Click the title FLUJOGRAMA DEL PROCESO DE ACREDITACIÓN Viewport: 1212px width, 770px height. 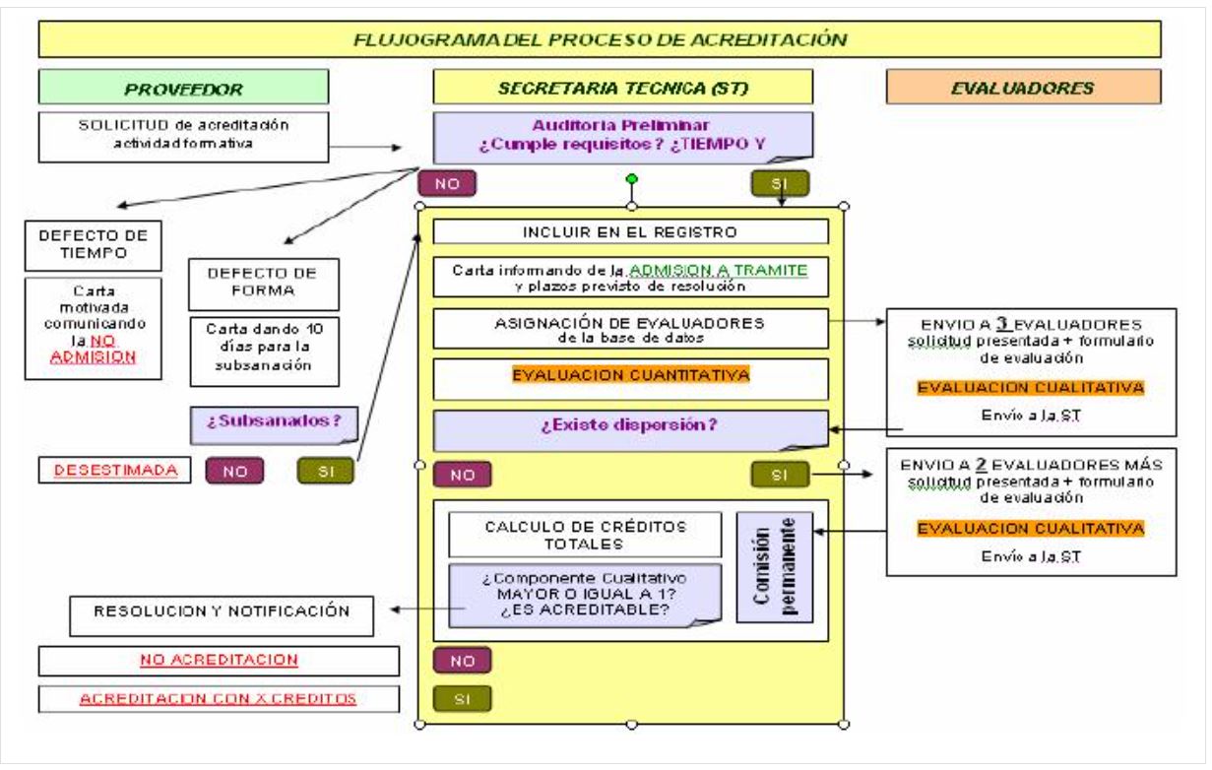point(600,40)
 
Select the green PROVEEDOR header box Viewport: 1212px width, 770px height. point(184,88)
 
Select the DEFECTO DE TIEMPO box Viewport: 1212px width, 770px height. point(93,244)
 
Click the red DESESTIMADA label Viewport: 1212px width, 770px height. point(109,471)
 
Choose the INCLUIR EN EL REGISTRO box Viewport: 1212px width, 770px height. point(630,232)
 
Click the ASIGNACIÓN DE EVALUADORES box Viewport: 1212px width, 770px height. point(630,330)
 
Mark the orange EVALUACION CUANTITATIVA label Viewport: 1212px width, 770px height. point(630,375)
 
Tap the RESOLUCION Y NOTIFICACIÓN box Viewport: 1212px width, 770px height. point(222,612)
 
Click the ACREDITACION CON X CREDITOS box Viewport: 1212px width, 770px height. point(220,699)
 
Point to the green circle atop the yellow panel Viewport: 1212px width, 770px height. point(631,179)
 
